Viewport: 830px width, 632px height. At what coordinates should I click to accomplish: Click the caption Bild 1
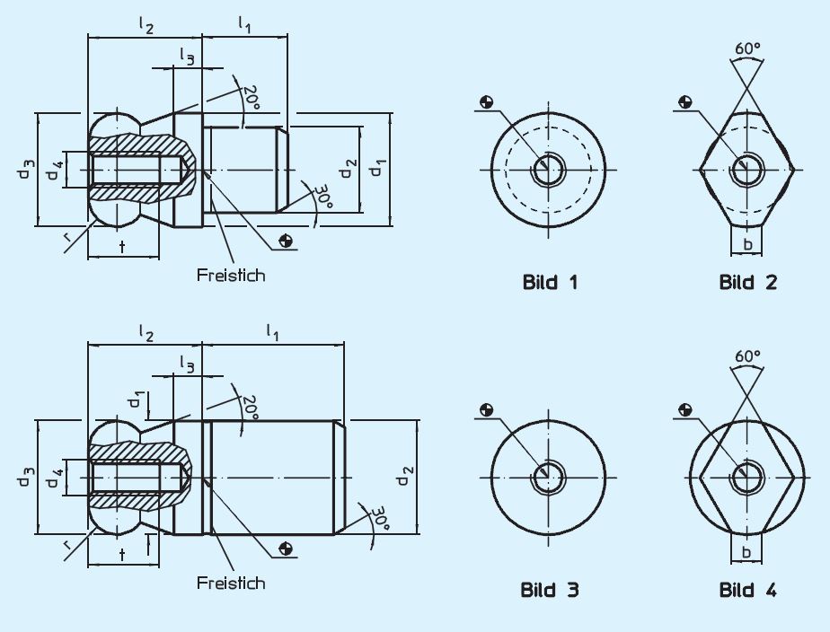[x=550, y=282]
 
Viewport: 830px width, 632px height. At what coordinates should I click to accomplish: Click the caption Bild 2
[x=747, y=282]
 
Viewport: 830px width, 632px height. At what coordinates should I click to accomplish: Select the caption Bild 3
[x=550, y=590]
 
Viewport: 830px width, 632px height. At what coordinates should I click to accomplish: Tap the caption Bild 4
[x=747, y=590]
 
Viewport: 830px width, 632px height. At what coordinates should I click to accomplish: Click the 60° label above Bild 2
[x=747, y=47]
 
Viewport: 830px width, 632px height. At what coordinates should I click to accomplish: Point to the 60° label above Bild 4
[x=747, y=355]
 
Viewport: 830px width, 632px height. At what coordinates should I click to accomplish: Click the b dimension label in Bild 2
[x=747, y=243]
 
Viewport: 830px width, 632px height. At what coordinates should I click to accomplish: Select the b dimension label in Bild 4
[x=747, y=551]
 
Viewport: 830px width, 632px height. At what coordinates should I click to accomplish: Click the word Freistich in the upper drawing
[x=231, y=275]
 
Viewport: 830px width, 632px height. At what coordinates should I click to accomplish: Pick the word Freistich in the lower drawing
[x=231, y=583]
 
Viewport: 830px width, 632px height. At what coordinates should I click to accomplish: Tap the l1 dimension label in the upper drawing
[x=244, y=24]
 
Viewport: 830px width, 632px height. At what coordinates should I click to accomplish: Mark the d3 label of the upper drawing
[x=27, y=169]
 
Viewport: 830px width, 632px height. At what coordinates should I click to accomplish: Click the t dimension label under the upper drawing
[x=121, y=245]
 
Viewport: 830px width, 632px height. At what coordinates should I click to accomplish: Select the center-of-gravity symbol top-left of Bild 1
[x=486, y=101]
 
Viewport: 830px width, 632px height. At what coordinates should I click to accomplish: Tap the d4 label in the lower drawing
[x=56, y=476]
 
